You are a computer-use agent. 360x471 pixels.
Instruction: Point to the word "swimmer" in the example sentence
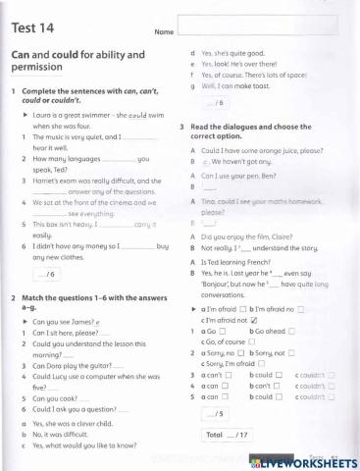(86, 116)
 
